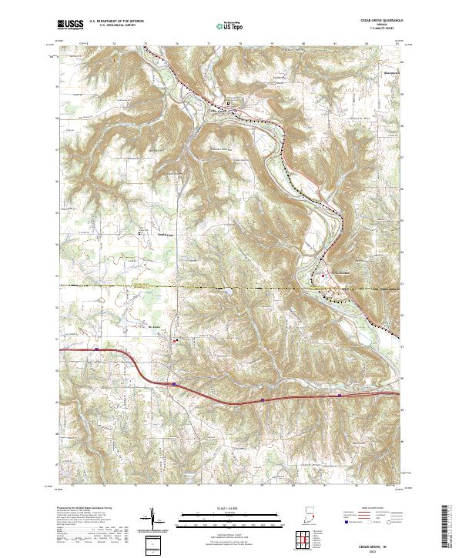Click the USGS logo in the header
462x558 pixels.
[x=70, y=25]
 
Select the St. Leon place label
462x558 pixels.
[x=153, y=327]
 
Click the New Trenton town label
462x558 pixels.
[x=340, y=274]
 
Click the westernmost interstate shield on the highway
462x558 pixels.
[x=175, y=381]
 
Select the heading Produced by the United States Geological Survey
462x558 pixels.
[x=85, y=509]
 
